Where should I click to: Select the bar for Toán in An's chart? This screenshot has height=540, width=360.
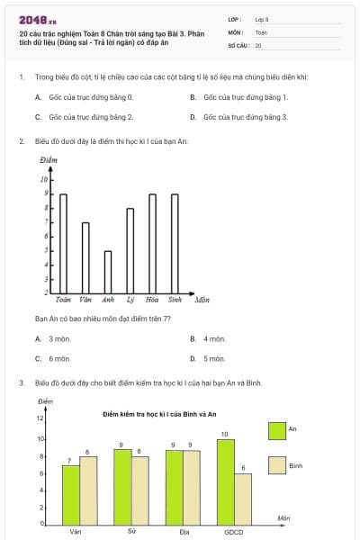(x=63, y=243)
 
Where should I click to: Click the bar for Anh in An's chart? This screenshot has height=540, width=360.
(x=108, y=271)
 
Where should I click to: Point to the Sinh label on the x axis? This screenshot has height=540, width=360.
(x=175, y=299)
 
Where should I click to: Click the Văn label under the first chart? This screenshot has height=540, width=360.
(x=85, y=299)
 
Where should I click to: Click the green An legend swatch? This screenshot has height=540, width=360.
(x=277, y=430)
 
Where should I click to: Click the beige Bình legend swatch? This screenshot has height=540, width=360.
(x=277, y=466)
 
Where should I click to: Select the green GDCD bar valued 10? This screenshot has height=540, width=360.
(x=225, y=481)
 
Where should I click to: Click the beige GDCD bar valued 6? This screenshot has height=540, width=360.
(x=243, y=499)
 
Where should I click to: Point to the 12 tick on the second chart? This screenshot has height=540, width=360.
(x=40, y=418)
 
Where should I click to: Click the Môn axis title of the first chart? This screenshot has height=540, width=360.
(x=202, y=299)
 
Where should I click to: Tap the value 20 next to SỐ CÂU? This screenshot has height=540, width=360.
(x=259, y=44)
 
